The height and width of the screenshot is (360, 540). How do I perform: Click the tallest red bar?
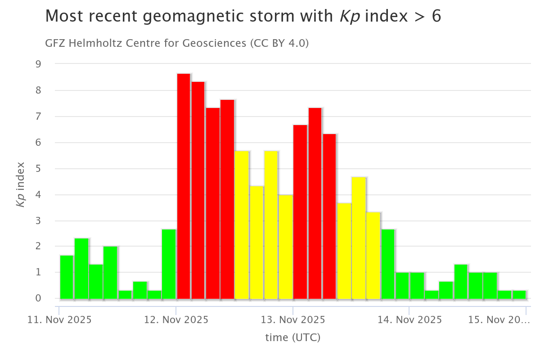point(184,186)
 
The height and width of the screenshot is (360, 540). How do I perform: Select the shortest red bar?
point(329,216)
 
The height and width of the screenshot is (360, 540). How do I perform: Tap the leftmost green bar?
point(67,277)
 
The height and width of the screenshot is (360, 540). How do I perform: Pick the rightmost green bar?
point(519,294)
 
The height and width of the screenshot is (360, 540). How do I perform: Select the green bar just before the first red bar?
point(169,264)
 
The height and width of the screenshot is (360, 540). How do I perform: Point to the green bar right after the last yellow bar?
point(387,264)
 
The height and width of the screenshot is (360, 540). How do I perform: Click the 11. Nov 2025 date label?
point(59,320)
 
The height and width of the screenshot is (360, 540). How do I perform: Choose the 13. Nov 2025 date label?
point(293,320)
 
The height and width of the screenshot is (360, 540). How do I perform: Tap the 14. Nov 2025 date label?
point(409,320)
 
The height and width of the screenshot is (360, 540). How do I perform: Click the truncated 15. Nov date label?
point(499,320)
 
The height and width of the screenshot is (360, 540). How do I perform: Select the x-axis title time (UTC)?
point(292,337)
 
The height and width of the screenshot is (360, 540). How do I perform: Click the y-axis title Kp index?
point(20,184)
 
